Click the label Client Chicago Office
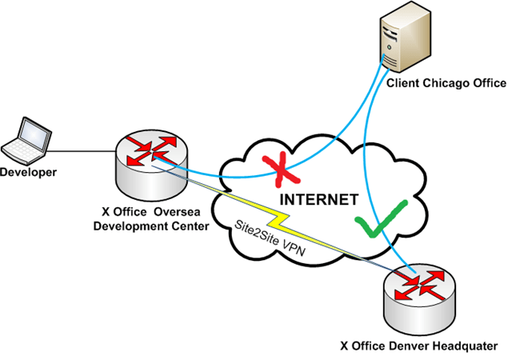(x=446, y=82)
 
